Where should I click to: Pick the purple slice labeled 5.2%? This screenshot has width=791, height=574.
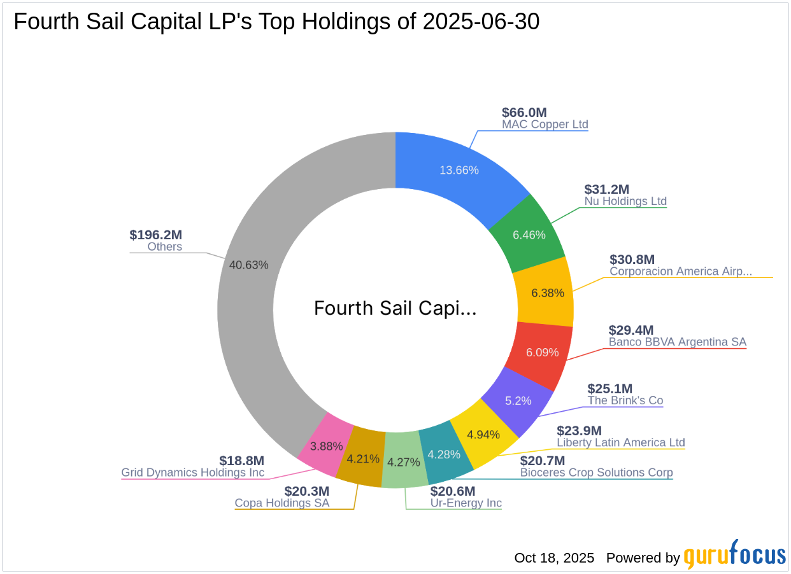pos(517,401)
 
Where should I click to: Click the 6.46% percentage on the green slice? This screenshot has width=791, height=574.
pos(529,235)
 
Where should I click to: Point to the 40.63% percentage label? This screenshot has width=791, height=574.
pos(248,265)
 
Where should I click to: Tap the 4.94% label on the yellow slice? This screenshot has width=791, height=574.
pos(483,435)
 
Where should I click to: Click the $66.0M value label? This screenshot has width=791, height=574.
pos(524,112)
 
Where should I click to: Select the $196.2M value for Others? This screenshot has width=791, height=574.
pos(156,235)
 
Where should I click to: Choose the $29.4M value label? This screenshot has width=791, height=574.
pos(631,330)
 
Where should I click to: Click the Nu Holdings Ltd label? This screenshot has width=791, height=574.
pos(625,201)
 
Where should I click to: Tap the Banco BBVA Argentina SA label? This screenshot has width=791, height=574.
pos(677,342)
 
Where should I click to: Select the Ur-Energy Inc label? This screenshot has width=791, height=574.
pos(466,503)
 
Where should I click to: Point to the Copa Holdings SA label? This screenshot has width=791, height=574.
pos(282,503)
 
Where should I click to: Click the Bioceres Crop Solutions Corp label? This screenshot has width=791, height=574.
pos(596,472)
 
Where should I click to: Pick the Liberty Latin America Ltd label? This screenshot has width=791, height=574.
pos(621,442)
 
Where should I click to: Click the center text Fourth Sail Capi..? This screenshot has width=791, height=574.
pos(395,309)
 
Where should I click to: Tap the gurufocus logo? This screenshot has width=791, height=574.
pos(734,555)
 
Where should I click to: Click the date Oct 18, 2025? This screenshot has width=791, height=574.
pos(554,558)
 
